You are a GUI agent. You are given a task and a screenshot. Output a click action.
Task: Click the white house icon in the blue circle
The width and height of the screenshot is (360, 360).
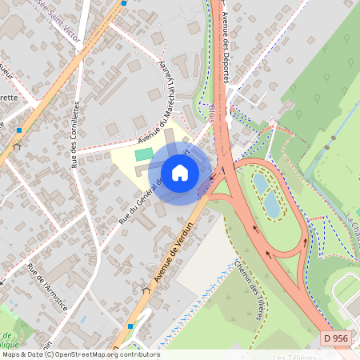pos(180,172)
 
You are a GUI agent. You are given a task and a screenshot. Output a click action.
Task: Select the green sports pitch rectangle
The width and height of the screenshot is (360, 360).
pos(143,154)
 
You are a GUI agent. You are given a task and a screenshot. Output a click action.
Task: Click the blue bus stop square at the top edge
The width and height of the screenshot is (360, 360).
pos(124,3)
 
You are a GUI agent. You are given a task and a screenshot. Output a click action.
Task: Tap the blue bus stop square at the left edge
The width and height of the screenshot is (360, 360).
pos(19,129)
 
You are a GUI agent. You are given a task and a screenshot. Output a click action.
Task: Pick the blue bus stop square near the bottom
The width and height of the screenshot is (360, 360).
pos(130,326)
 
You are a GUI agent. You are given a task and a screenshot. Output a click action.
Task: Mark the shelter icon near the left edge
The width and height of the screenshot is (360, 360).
pos(17,146)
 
